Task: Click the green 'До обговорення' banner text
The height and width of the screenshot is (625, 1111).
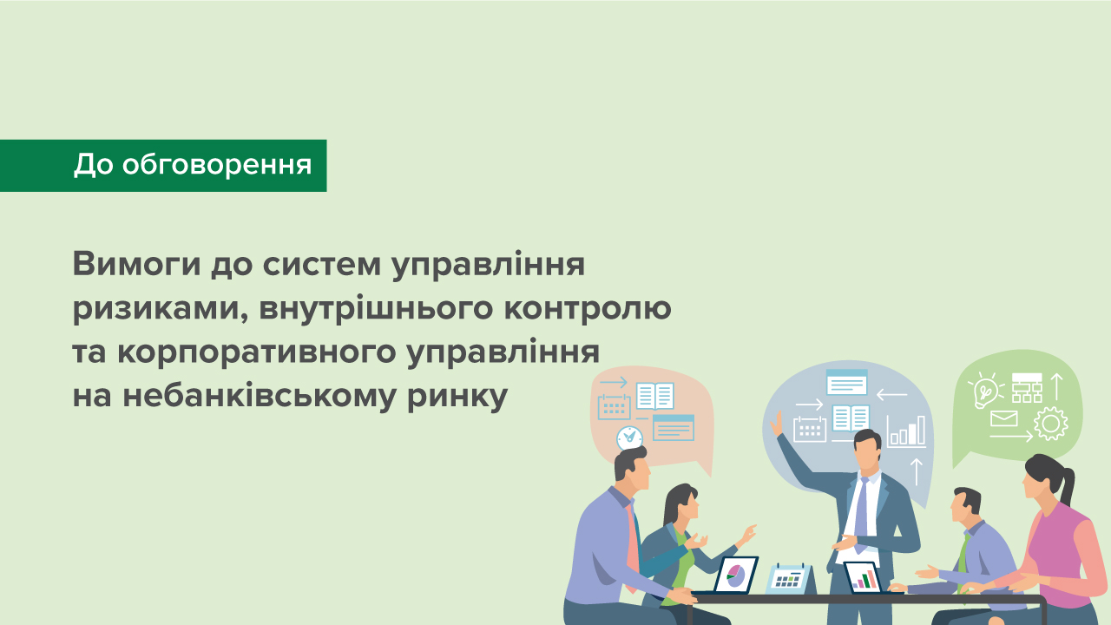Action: click(x=192, y=164)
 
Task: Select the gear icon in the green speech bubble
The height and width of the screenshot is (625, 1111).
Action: click(x=1050, y=423)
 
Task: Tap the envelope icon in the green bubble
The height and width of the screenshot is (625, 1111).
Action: click(x=1003, y=419)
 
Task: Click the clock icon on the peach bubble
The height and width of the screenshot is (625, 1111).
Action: click(x=629, y=437)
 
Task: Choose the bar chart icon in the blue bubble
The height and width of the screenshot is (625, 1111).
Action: click(x=905, y=431)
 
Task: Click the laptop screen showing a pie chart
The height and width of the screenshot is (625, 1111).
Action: click(x=736, y=575)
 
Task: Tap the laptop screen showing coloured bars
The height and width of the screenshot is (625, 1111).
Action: click(x=863, y=576)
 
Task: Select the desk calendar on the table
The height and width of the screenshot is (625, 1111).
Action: click(x=789, y=577)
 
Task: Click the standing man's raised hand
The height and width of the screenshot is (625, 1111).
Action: click(x=778, y=423)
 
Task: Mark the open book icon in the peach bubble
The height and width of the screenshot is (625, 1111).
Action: click(x=654, y=396)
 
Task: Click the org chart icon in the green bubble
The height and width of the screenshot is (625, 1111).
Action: click(x=1027, y=387)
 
